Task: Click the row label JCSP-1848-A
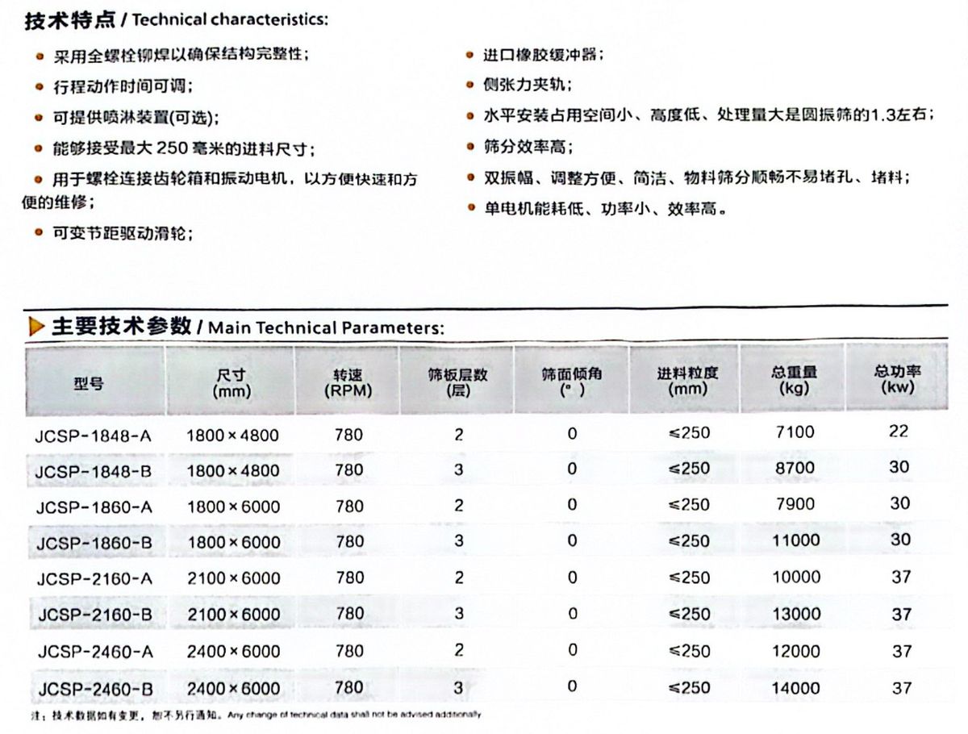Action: point(94,436)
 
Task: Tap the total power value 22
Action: point(899,432)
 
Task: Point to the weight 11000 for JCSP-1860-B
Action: point(795,540)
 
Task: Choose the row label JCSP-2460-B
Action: point(94,690)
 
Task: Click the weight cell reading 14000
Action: point(795,687)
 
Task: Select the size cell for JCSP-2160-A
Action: point(233,578)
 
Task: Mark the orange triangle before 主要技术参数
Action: point(36,327)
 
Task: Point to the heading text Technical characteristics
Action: point(230,20)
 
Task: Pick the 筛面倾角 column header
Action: point(572,381)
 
